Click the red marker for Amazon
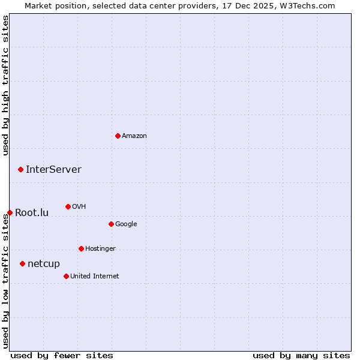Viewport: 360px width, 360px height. coord(118,136)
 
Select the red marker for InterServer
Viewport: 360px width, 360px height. coord(20,169)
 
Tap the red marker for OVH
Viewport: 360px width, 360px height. coord(68,206)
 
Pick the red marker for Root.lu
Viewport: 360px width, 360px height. coord(10,212)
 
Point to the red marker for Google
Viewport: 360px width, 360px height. coord(111,224)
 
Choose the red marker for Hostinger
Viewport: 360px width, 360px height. coord(81,248)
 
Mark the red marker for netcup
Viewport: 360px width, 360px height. coord(22,263)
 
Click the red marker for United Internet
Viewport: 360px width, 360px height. coord(66,276)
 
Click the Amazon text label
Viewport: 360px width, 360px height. coord(134,136)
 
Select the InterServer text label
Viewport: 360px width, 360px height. coord(53,169)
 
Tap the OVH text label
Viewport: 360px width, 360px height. coord(79,206)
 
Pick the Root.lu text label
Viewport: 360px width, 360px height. coord(32,212)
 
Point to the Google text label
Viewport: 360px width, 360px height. coord(126,224)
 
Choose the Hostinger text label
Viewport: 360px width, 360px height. coord(100,248)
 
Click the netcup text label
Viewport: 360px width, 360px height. coord(44,263)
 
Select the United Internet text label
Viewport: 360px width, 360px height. coord(94,276)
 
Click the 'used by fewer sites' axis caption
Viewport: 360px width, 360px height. coord(62,355)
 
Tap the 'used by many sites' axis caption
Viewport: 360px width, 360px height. coord(301,355)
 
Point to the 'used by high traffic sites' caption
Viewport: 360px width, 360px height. coord(5,85)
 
